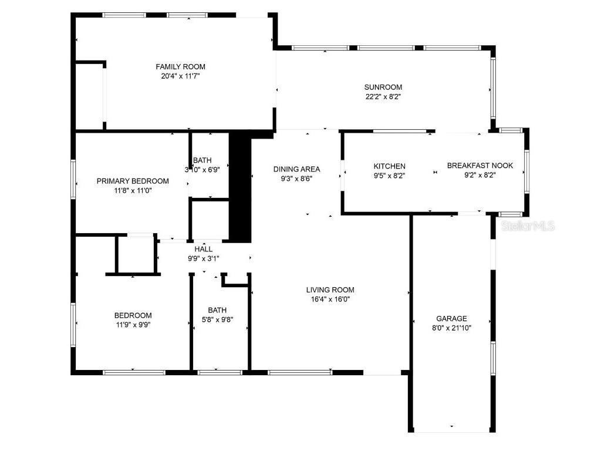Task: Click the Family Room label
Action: (x=180, y=67)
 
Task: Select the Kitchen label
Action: (x=390, y=166)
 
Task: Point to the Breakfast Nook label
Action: (x=480, y=166)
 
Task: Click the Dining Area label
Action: (x=297, y=169)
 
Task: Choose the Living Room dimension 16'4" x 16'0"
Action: (x=330, y=299)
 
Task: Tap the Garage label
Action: (x=451, y=318)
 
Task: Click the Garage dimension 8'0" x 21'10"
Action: (x=451, y=328)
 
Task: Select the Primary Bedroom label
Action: (x=133, y=181)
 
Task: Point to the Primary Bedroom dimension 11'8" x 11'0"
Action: (x=133, y=190)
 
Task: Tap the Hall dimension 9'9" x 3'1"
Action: (x=203, y=258)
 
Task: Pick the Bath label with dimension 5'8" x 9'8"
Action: (x=217, y=310)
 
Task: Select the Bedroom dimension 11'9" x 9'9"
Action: (x=133, y=324)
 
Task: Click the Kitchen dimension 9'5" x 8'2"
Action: (x=390, y=175)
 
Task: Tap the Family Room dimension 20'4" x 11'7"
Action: (x=180, y=76)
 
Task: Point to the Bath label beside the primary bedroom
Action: (x=202, y=160)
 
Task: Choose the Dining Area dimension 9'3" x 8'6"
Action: (x=297, y=179)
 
